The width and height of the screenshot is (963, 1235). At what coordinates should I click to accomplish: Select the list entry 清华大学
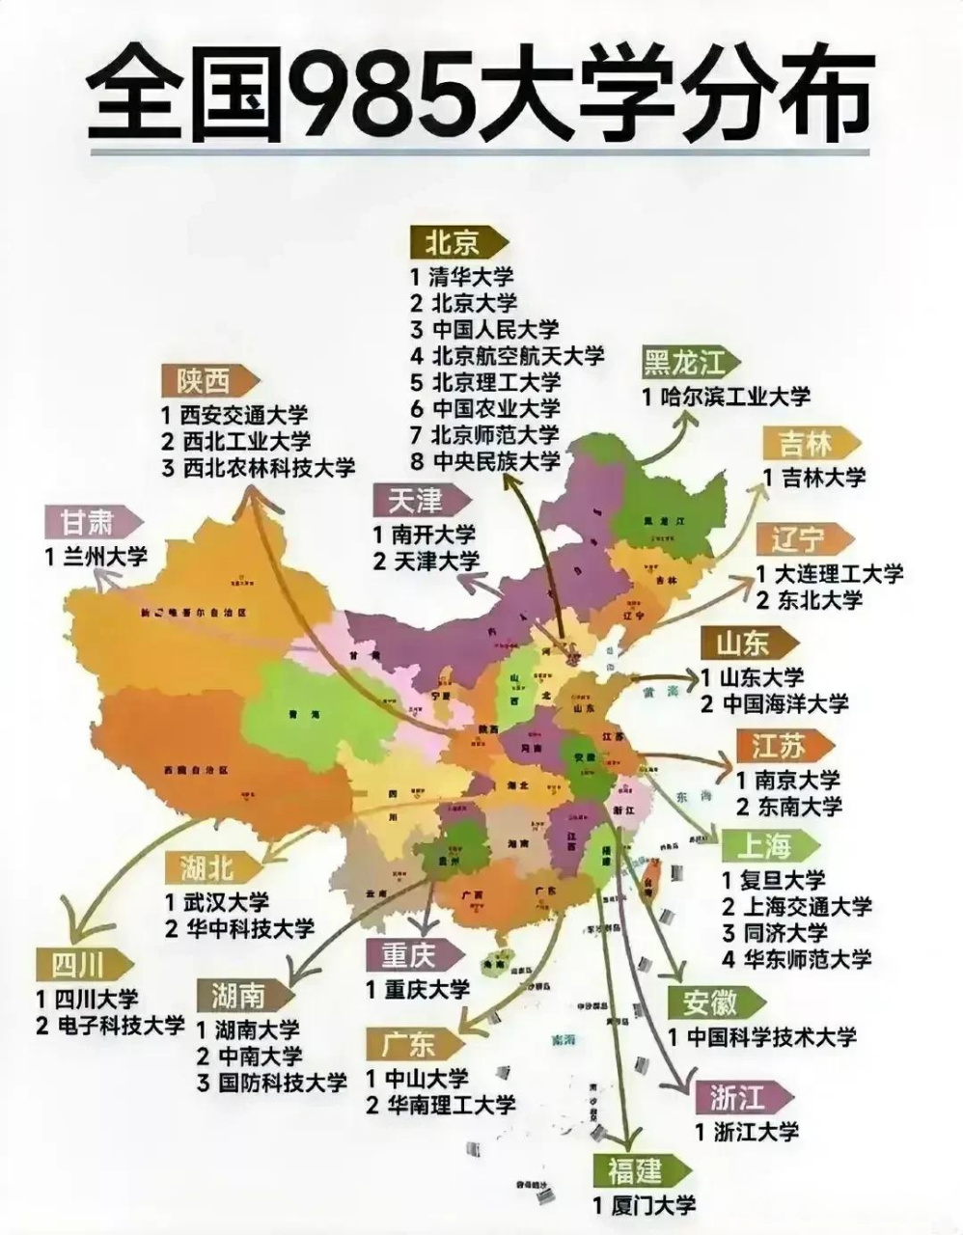pyautogui.click(x=473, y=276)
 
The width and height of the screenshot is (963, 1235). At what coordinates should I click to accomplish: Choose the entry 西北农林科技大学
pyautogui.click(x=267, y=468)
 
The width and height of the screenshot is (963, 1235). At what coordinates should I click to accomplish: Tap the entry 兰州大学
pyautogui.click(x=103, y=557)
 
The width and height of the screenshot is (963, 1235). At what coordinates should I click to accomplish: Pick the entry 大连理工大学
pyautogui.click(x=839, y=573)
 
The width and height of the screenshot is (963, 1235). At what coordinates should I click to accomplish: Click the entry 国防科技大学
pyautogui.click(x=281, y=1082)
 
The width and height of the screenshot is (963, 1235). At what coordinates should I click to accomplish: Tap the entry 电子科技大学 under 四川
pyautogui.click(x=120, y=1025)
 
